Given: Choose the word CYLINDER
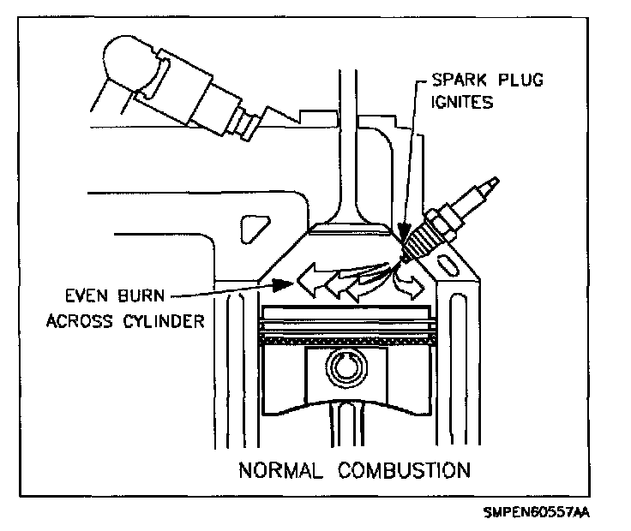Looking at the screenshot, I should coord(163,321).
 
